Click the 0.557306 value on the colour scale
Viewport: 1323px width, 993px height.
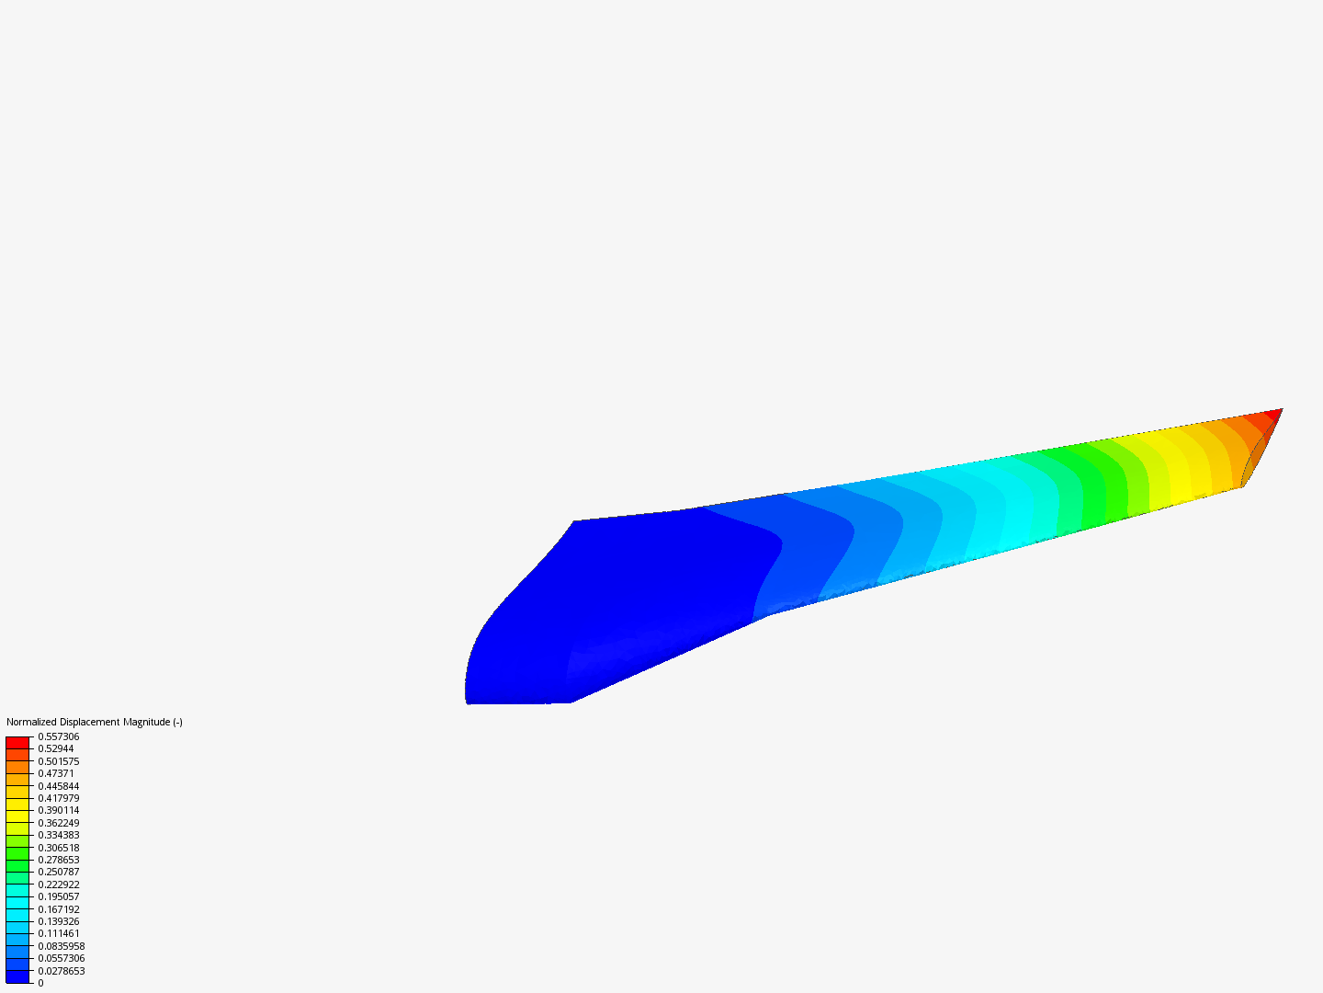pos(59,736)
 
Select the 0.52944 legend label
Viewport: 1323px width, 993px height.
pos(56,748)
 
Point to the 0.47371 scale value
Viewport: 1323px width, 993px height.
pos(56,773)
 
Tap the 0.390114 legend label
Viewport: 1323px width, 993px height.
pos(59,810)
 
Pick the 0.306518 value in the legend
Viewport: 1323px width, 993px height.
pos(59,848)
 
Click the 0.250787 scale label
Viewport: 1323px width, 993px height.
pos(59,872)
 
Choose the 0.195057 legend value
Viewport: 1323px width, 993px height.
pos(59,896)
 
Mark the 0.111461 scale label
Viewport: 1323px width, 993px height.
pos(59,933)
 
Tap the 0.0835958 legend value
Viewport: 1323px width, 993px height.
pos(62,946)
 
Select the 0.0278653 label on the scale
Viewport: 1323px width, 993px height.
pos(62,971)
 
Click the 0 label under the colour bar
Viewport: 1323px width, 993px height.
pos(40,983)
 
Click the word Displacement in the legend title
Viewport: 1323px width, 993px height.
pos(89,722)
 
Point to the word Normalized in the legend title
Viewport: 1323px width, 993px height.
pos(31,722)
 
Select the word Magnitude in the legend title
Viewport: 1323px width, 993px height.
pos(146,722)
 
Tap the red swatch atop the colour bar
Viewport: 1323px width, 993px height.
pos(17,742)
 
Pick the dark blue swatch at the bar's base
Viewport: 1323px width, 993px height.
pos(17,976)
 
